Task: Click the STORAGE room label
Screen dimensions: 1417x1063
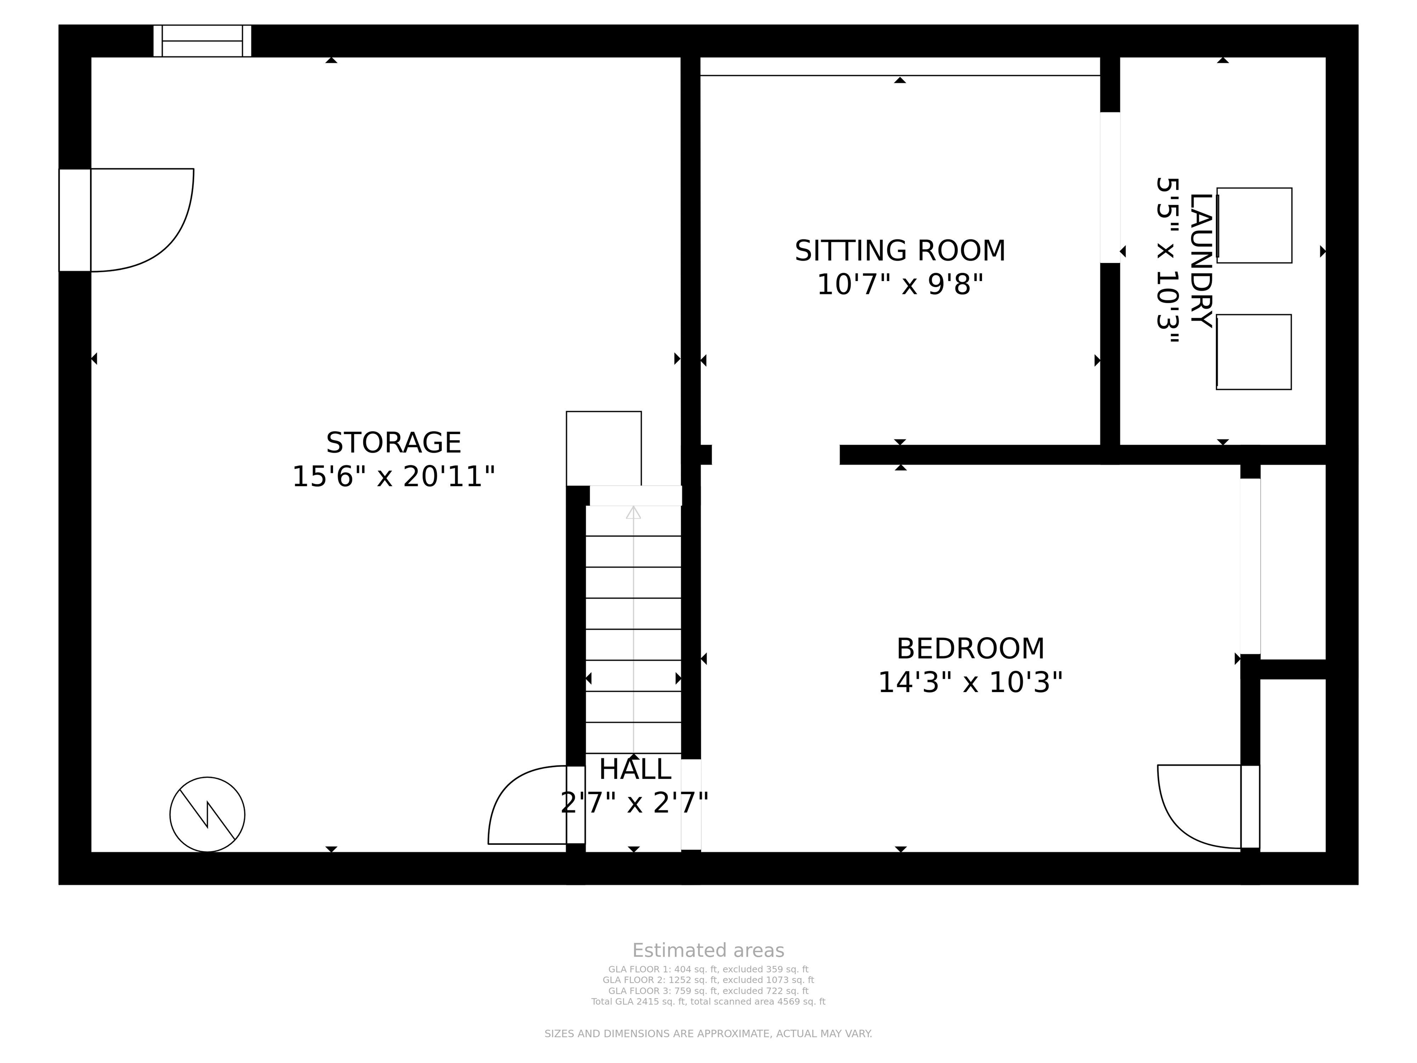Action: [x=393, y=443]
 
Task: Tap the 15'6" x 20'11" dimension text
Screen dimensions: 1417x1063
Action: [x=393, y=477]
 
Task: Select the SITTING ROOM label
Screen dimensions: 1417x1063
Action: [x=900, y=251]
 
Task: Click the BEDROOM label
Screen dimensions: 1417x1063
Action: [x=970, y=649]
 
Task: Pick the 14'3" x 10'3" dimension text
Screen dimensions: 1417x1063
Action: [x=970, y=682]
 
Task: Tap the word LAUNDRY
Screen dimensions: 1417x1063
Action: [x=1201, y=260]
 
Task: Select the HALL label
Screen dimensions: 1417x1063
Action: [x=635, y=770]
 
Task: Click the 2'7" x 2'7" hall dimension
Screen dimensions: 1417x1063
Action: [x=635, y=803]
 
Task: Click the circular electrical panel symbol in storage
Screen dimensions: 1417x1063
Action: [x=207, y=814]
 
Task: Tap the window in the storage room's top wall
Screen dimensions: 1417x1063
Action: [x=202, y=41]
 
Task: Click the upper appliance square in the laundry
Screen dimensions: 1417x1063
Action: [x=1254, y=226]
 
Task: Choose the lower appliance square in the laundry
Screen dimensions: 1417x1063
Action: [x=1254, y=352]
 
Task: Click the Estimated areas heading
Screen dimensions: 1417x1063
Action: [x=708, y=950]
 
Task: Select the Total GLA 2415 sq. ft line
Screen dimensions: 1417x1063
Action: [x=708, y=1002]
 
